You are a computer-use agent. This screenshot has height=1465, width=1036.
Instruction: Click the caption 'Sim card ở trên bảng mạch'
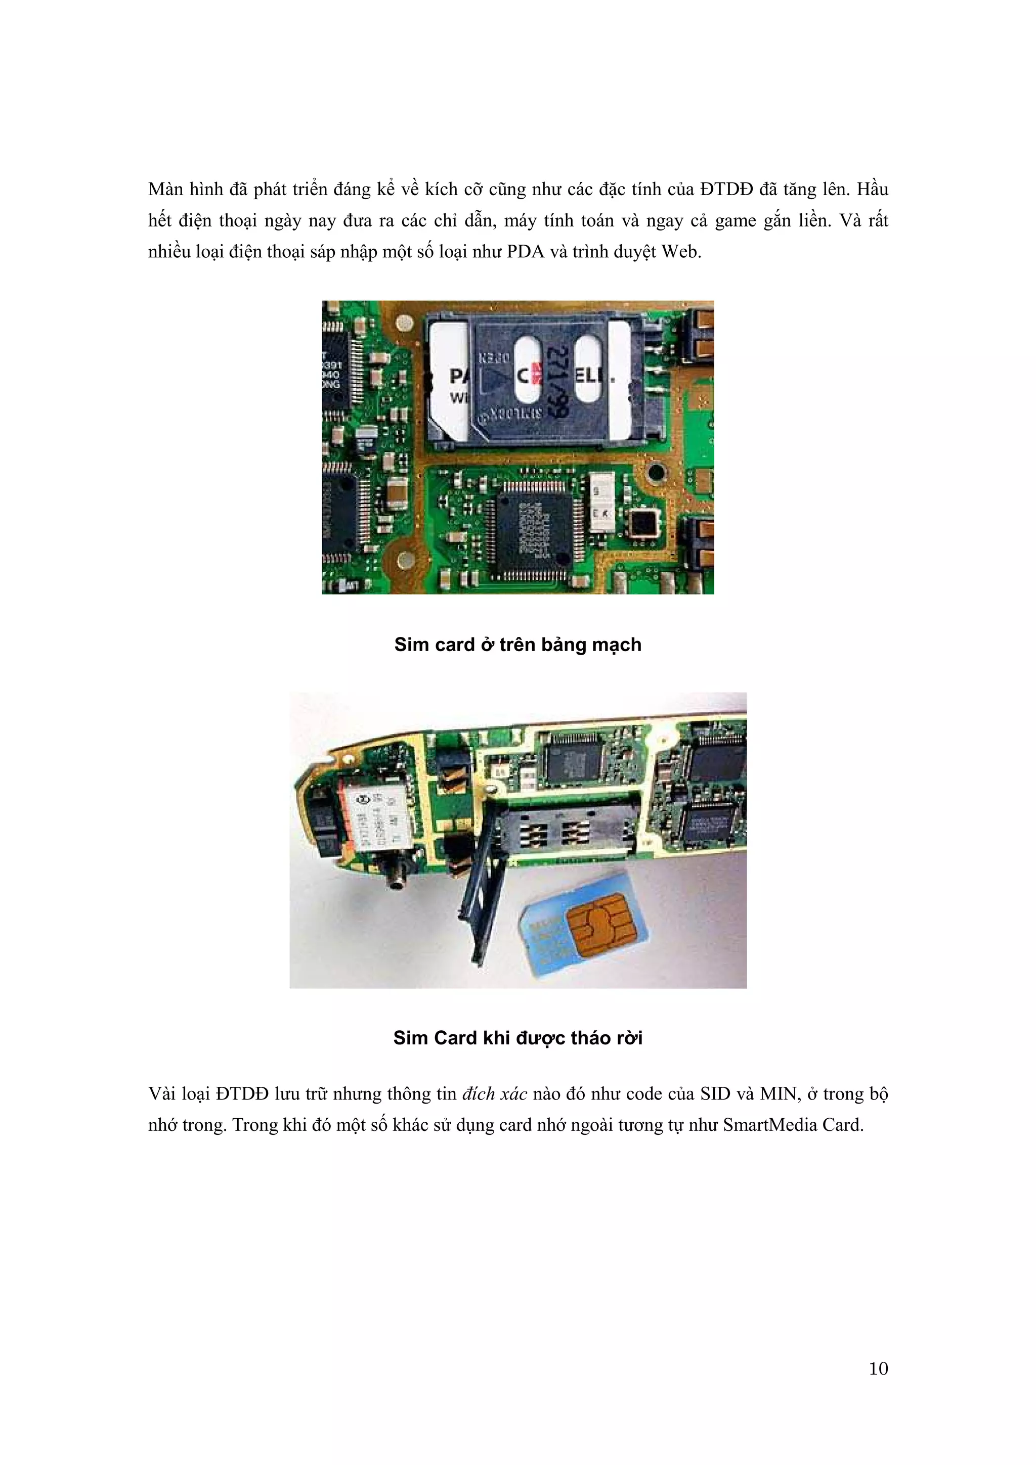[517, 645]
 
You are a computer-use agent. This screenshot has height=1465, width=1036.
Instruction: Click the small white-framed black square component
[642, 523]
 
